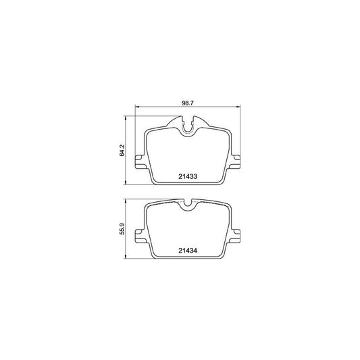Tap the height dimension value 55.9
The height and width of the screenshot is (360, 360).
point(122,231)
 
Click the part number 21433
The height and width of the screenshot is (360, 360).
point(187,177)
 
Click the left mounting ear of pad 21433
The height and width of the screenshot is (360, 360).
point(140,162)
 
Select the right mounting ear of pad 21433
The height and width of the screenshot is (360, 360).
point(236,162)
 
